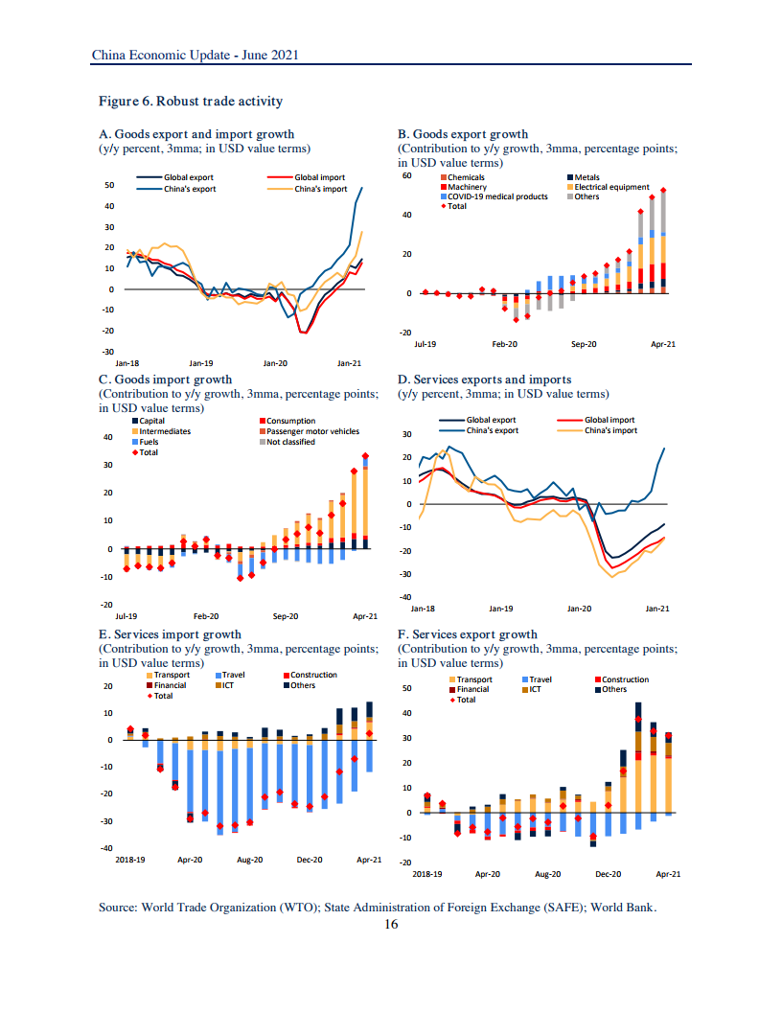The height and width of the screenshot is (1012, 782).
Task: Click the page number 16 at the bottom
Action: tap(391, 925)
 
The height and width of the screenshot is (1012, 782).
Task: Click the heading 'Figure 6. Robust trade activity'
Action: tap(191, 102)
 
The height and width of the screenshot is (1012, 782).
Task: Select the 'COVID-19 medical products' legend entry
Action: tap(497, 196)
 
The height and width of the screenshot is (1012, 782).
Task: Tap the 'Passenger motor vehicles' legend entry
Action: tap(312, 431)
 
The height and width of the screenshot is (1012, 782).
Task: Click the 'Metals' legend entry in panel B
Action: tap(586, 177)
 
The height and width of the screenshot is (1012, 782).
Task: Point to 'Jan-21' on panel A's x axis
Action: tap(349, 363)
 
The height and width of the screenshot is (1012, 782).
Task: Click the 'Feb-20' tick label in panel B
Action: tap(505, 343)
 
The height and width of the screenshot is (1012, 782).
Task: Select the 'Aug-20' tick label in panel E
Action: tap(249, 860)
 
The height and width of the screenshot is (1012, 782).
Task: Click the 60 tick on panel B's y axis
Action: tap(405, 175)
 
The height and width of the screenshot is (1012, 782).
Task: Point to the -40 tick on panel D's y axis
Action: tap(405, 598)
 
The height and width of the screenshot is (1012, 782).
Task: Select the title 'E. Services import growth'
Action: tap(171, 634)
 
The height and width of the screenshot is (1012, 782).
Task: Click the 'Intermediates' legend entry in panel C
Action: tap(164, 431)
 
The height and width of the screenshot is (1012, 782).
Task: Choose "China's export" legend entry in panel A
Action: tap(190, 189)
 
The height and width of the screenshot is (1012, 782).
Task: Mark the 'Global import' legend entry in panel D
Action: tap(609, 420)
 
